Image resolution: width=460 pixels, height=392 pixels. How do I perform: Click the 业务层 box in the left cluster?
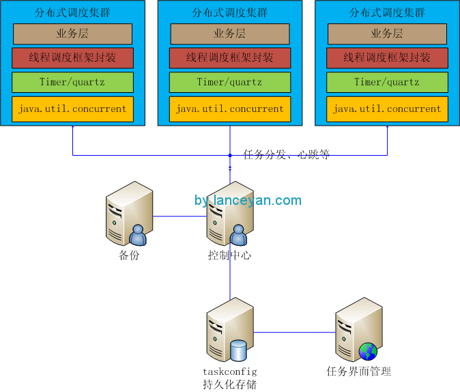tap(72, 33)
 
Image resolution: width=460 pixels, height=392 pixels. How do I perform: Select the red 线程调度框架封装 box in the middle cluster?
tap(230, 58)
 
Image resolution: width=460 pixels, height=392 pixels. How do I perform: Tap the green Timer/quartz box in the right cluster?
tap(387, 82)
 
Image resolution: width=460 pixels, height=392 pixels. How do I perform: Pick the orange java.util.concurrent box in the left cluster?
tap(72, 109)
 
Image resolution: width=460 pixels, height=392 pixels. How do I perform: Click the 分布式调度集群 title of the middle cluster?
tap(230, 12)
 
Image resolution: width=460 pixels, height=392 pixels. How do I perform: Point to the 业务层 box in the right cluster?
tap(387, 33)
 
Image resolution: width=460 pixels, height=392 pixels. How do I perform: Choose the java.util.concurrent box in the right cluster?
tap(387, 109)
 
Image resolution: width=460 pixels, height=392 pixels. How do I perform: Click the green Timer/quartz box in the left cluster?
tap(72, 82)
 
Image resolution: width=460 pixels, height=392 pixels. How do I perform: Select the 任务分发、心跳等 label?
tap(287, 155)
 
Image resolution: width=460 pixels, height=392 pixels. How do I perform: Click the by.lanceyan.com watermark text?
tap(248, 200)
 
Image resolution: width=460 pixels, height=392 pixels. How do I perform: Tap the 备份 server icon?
tap(129, 213)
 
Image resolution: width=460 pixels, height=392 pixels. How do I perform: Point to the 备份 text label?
tap(129, 255)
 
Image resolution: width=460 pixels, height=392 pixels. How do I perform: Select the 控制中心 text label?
tap(230, 255)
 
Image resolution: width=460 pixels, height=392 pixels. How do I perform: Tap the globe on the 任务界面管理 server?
tap(368, 351)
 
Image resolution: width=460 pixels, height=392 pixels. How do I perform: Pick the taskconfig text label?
tap(229, 372)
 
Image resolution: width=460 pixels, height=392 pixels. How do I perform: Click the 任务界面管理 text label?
tap(359, 372)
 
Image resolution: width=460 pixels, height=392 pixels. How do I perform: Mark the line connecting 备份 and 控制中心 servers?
tap(179, 216)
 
